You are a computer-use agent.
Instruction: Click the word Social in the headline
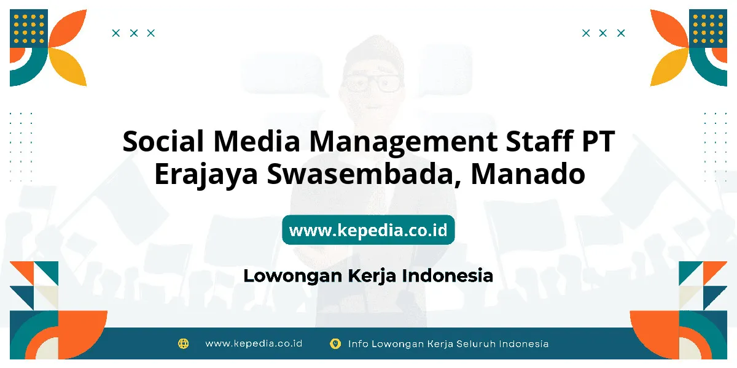163,141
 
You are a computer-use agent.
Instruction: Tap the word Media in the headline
257,141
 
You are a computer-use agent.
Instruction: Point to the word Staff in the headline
540,141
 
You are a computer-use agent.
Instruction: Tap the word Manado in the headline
528,174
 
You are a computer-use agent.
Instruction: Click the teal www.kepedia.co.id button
368,230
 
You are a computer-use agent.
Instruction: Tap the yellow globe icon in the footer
183,343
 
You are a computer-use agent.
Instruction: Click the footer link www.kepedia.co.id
254,343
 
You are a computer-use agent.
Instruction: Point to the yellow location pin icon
335,343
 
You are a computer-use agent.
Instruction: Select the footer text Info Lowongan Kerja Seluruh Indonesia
448,344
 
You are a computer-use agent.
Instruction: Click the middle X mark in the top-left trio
134,33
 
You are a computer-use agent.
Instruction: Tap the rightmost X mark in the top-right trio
621,33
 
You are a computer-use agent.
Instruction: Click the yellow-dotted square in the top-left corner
29,29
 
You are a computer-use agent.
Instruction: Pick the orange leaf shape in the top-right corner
669,29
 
